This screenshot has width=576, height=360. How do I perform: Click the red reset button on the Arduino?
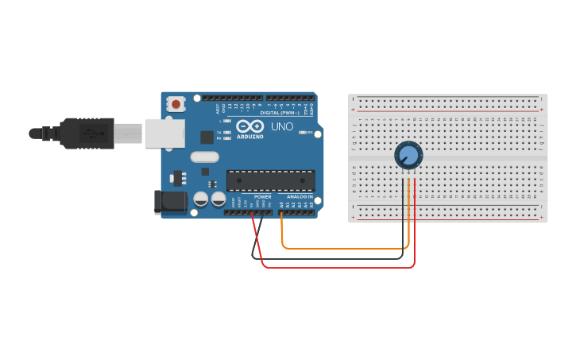176,103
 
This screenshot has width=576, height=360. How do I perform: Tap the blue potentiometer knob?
408,155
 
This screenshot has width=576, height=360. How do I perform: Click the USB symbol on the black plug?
95,133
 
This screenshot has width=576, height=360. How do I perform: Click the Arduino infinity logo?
249,126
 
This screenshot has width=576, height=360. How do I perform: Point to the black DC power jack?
170,202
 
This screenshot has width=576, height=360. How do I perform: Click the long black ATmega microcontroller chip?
270,180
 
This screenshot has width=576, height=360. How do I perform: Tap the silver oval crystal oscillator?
204,157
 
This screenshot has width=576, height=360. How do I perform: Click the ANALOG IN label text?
300,196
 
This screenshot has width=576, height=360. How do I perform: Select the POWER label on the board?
262,196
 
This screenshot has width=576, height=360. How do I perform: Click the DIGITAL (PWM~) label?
280,113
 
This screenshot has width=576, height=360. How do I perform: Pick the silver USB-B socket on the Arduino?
164,133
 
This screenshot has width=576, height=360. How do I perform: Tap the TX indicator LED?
227,133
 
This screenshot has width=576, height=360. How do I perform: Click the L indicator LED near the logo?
227,121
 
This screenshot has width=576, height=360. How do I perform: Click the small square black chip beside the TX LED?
207,137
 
